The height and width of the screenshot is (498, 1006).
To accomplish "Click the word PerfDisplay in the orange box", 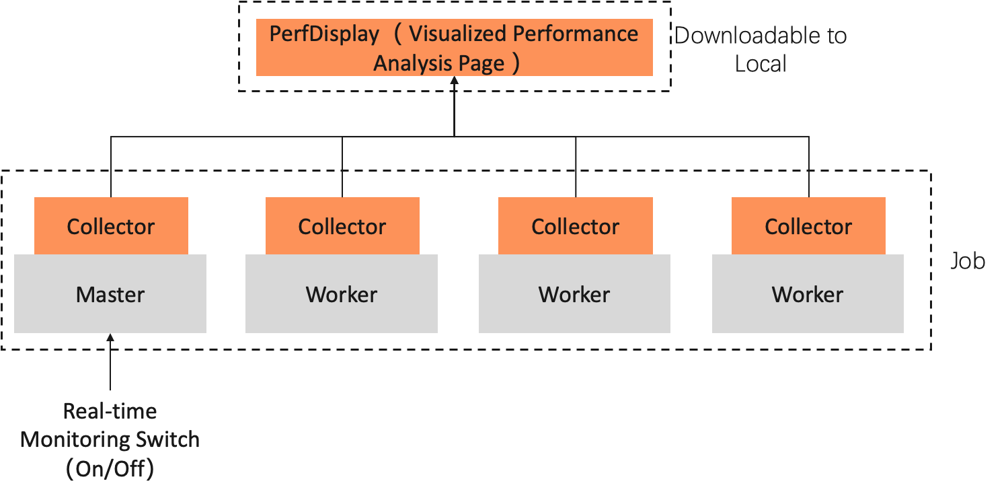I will (x=324, y=34).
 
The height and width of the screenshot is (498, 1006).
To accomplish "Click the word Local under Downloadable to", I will (x=761, y=65).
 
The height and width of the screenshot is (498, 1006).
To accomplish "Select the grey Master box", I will (x=110, y=294).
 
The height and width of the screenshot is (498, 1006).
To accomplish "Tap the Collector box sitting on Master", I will (x=111, y=226).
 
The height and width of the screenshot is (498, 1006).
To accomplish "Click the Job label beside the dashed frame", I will (x=968, y=261).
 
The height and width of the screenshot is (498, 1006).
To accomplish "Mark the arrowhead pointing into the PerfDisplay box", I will (x=455, y=80).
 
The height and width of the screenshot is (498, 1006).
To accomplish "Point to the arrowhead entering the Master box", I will (x=110, y=337).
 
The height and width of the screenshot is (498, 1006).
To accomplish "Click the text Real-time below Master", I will (x=110, y=411).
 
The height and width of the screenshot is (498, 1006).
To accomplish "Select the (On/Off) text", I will (x=110, y=469).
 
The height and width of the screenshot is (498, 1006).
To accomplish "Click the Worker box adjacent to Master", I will (x=342, y=294).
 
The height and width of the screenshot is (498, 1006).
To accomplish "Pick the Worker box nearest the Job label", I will (x=808, y=294).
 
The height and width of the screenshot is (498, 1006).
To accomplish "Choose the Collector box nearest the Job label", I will (x=808, y=226).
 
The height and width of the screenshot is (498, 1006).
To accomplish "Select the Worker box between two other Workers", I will (x=574, y=294).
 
